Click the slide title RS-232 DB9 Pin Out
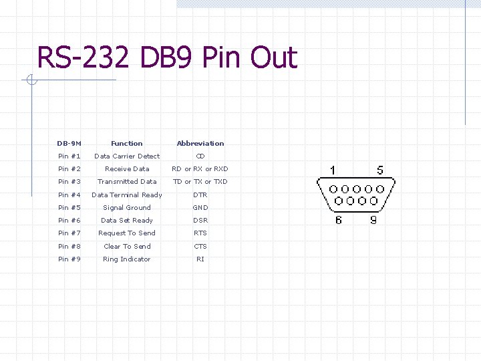[167, 58]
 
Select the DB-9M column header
[69, 143]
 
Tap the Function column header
[127, 143]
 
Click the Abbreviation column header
[200, 143]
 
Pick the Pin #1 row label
[69, 156]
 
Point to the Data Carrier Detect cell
[127, 156]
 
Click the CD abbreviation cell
[200, 156]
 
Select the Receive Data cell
[127, 168]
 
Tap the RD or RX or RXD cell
[200, 168]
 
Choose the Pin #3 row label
[69, 181]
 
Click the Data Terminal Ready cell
[127, 195]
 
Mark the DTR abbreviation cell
[200, 195]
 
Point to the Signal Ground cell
[127, 207]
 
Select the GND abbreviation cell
[200, 207]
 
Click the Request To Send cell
[127, 233]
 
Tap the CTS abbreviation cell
[200, 246]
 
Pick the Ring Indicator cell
[127, 259]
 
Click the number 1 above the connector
[333, 170]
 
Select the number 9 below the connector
[373, 219]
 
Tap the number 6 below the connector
[338, 219]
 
